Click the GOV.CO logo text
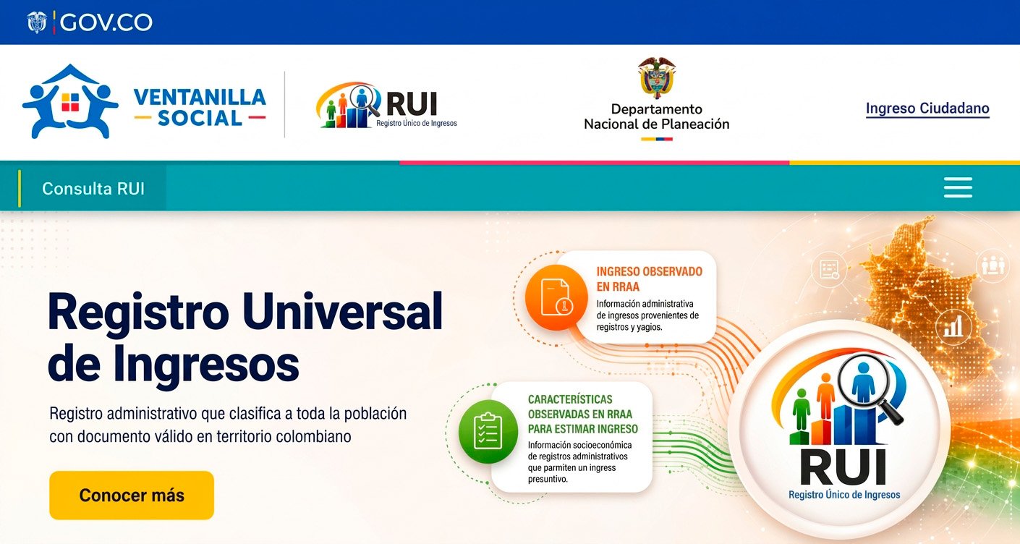(106, 22)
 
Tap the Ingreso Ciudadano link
(927, 109)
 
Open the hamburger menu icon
(958, 187)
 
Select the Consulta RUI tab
(93, 189)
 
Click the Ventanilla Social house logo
(70, 101)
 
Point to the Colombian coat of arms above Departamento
(657, 77)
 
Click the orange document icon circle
(556, 297)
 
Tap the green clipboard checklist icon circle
(488, 431)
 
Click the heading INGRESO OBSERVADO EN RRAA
(650, 279)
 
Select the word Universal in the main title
(342, 312)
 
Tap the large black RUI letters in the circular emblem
(843, 467)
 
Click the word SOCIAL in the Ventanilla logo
(200, 119)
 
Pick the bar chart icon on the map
(953, 326)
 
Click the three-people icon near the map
(993, 266)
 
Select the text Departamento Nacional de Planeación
(657, 116)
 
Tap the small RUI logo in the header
(386, 105)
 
